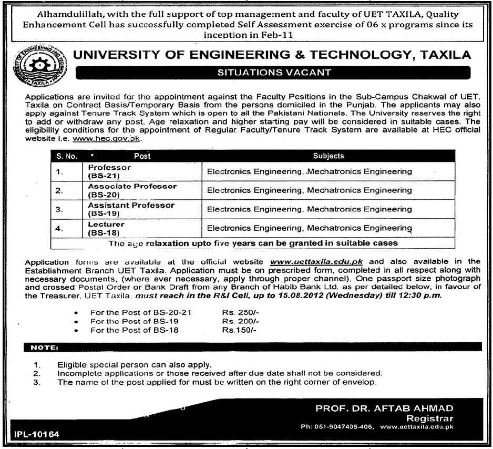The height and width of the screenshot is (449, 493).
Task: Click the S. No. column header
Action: (x=65, y=156)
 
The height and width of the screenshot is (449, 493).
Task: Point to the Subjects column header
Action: (x=328, y=156)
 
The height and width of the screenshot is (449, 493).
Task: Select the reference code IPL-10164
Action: (x=34, y=434)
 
